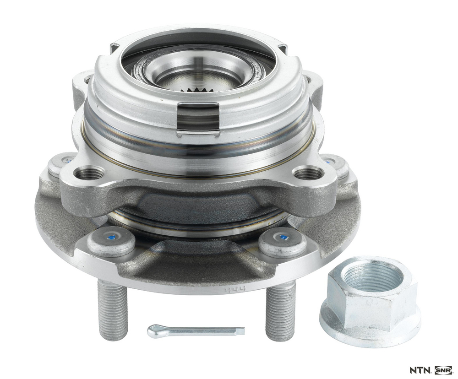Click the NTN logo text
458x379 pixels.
(420, 371)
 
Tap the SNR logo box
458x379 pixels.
(443, 371)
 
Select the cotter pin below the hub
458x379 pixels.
(196, 331)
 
